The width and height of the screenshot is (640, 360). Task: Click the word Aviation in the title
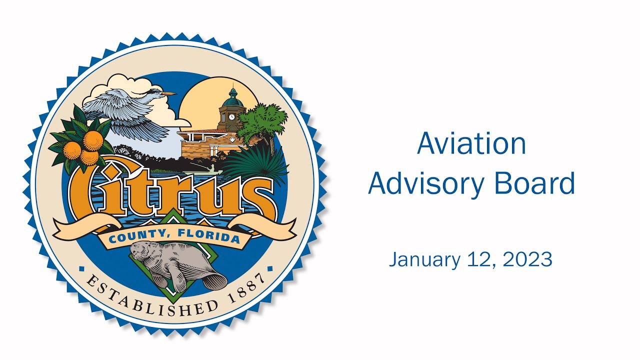[x=471, y=143]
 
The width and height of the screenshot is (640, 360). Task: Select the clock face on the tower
[x=231, y=117]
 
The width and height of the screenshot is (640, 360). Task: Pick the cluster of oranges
[x=83, y=147]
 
